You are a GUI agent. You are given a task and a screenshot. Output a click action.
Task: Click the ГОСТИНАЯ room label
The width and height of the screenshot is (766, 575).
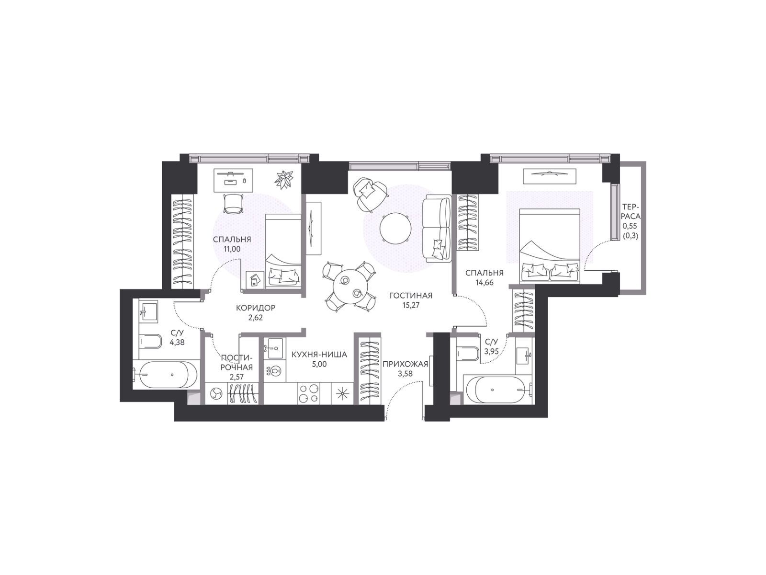coord(410,295)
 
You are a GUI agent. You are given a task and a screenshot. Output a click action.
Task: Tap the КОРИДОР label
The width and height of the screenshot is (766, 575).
coord(255,308)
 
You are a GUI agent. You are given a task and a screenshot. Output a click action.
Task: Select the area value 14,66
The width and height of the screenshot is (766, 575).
coord(484,282)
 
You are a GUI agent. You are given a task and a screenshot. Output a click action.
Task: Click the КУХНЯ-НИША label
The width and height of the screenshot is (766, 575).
coord(319,355)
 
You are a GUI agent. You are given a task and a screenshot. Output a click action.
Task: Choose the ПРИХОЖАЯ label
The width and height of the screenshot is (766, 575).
coord(405,365)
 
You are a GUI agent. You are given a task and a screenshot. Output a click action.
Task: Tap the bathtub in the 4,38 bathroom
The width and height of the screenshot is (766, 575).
coord(165,375)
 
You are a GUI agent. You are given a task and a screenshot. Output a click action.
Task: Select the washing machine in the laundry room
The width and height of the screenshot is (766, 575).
coord(215,394)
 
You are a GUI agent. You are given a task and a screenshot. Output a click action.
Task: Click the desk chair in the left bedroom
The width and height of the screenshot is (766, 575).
coord(233,204)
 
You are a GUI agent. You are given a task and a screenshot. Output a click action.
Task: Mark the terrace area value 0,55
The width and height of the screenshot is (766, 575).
coord(630,226)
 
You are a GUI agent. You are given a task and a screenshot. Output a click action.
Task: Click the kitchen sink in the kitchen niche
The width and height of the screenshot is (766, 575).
coord(274,348)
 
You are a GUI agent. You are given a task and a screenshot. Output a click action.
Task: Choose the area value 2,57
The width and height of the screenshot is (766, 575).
coord(237,377)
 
